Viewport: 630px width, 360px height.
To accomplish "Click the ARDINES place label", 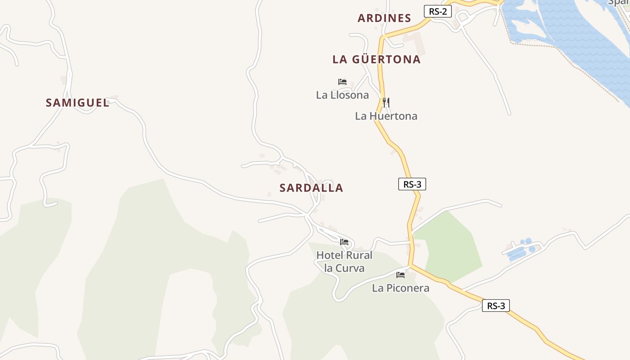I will [384, 18].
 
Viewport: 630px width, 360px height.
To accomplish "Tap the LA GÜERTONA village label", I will [377, 59].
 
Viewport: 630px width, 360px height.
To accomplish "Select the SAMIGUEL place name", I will [77, 103].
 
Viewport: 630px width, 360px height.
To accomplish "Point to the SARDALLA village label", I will [311, 188].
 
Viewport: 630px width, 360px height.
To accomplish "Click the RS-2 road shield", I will [438, 11].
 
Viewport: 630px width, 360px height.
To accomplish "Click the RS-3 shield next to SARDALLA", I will [412, 184].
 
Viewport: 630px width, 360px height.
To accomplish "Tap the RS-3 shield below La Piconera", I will [496, 306].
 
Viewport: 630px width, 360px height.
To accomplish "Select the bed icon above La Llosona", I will [342, 82].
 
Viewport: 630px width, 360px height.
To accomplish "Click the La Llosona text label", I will [342, 95].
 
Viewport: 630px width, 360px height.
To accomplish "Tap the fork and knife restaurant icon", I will [386, 103].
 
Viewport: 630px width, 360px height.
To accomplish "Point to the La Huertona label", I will [386, 116].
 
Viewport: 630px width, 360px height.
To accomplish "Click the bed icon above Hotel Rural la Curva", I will [344, 242].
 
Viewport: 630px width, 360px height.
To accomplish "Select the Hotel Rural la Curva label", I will [344, 261].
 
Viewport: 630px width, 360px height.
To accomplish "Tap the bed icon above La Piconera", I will [400, 275].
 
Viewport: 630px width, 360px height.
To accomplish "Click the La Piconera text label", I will [400, 288].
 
